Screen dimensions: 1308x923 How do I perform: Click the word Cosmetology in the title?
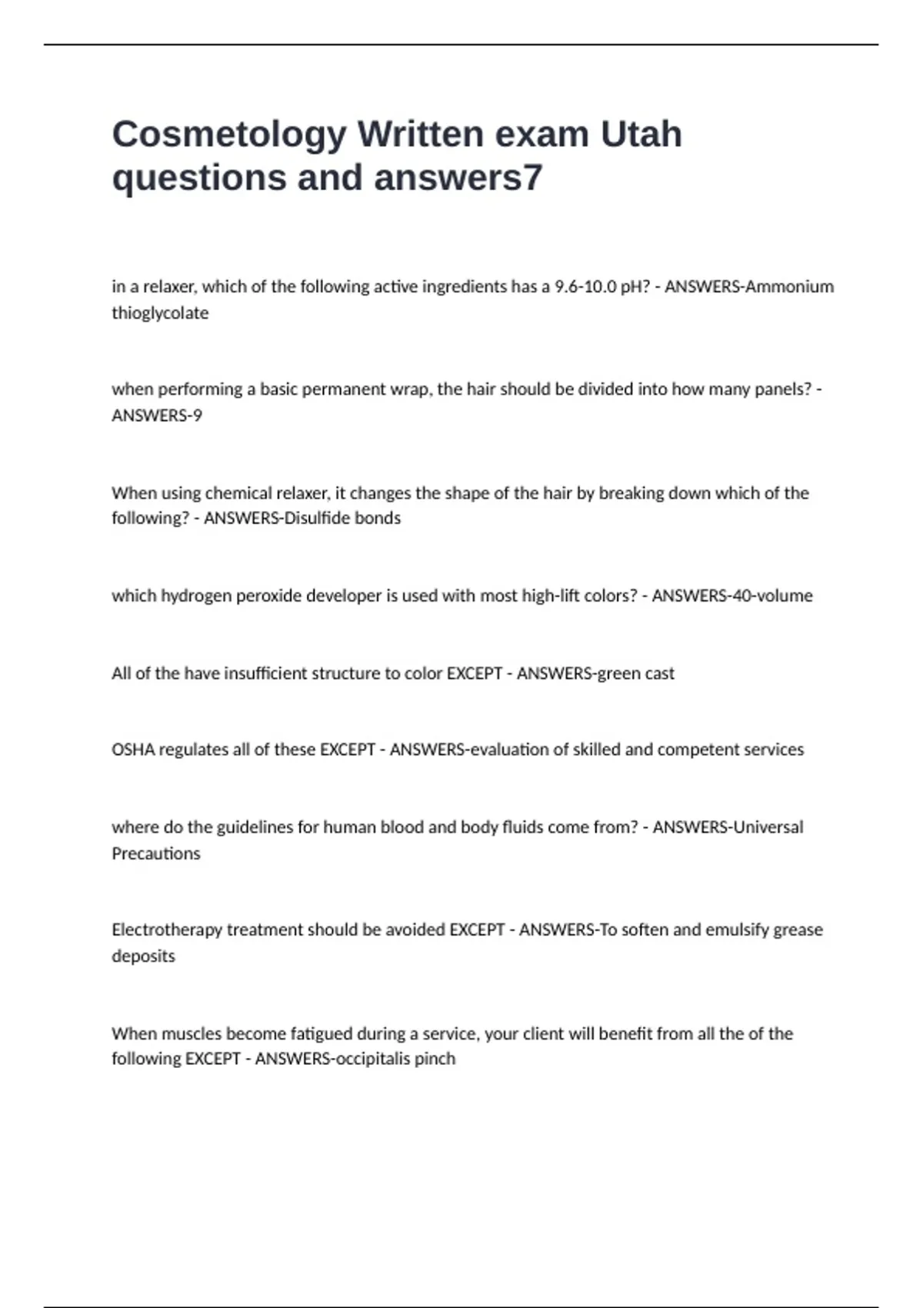point(229,135)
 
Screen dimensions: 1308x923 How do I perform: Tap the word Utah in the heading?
point(641,134)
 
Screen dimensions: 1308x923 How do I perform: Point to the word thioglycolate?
point(160,313)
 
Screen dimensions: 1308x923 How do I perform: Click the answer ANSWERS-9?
point(157,415)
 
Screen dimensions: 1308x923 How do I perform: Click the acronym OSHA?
point(133,749)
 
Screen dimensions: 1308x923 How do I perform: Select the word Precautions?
point(156,853)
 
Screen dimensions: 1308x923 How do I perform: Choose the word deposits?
point(144,956)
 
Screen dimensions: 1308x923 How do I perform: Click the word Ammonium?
point(790,287)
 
